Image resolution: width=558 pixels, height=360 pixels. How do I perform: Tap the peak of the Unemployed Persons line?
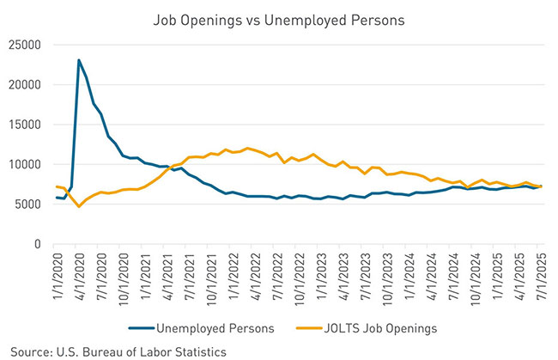pos(79,60)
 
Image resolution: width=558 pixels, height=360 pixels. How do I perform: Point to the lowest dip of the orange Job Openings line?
pos(79,206)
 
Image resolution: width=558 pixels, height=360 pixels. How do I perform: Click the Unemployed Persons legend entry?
pos(223,326)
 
